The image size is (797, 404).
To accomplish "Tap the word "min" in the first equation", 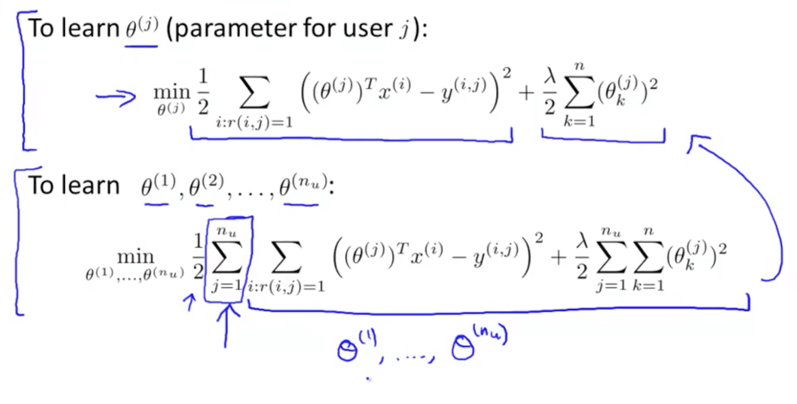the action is (x=171, y=92).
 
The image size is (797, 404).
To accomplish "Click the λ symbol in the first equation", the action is (x=550, y=76).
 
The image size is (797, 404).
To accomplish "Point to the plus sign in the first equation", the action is (x=526, y=93).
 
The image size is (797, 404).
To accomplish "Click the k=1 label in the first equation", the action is (x=579, y=122).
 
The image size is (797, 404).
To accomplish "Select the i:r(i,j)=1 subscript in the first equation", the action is (x=254, y=122).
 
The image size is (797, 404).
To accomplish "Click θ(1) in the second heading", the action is (x=158, y=186).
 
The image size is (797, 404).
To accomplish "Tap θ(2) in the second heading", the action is (x=206, y=186).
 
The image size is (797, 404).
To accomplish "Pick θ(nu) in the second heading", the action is (x=303, y=185).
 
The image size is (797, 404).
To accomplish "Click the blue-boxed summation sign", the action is (x=227, y=259).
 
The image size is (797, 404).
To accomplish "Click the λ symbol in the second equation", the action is (x=581, y=239).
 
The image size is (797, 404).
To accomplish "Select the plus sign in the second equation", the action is (x=558, y=258).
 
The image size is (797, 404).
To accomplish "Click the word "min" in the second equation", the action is (x=136, y=257).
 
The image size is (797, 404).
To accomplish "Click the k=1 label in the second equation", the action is (x=648, y=286).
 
